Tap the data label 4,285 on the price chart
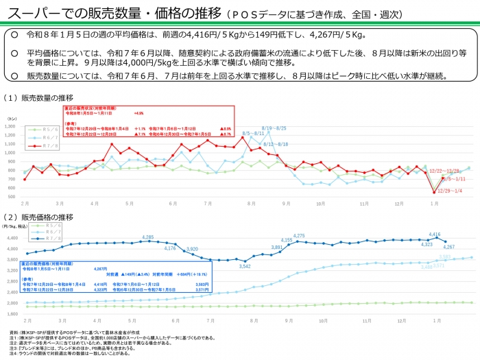[x=148, y=237]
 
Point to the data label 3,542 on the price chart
[x=245, y=266]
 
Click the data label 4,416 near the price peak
[x=434, y=235]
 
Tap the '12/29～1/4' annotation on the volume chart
[x=449, y=190]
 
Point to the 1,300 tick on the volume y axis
[x=14, y=126]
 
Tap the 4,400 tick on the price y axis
[x=13, y=238]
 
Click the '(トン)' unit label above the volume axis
[x=12, y=119]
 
